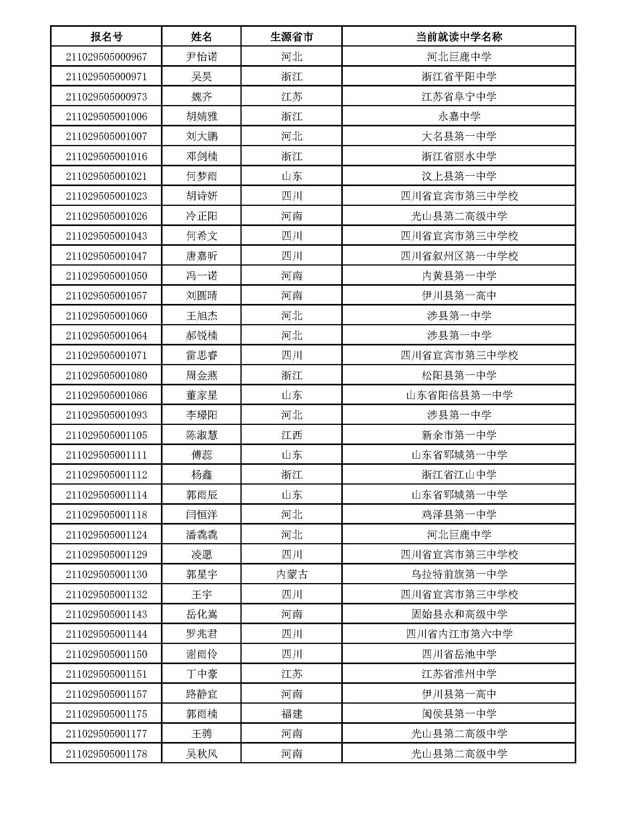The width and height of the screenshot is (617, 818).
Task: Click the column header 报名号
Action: (106, 37)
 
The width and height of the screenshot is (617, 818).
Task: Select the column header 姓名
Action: (201, 37)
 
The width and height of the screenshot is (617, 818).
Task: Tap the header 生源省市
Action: (291, 37)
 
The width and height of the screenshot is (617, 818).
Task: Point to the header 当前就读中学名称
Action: (459, 37)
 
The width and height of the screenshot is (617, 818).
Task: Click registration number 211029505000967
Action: (106, 57)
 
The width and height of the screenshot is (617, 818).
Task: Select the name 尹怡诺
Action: (201, 57)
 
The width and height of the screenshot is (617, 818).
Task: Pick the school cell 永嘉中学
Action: (459, 116)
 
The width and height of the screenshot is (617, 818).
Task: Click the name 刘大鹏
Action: (201, 136)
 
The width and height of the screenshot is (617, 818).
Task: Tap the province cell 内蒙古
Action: (291, 574)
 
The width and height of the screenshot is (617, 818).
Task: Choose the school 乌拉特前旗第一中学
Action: (459, 574)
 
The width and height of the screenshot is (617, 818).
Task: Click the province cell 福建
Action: (291, 714)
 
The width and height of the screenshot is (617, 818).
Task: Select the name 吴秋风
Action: (201, 754)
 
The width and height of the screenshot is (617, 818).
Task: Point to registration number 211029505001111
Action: (106, 455)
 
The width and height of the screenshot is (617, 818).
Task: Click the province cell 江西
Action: (291, 435)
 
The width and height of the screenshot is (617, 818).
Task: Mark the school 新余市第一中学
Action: (459, 435)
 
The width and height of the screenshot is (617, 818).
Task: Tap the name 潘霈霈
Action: (201, 535)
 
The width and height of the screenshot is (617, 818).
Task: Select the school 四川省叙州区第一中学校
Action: (459, 256)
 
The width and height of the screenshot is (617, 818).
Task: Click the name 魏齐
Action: (201, 97)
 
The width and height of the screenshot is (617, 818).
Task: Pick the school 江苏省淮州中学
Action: (459, 674)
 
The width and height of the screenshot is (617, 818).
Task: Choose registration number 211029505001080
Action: (106, 375)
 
